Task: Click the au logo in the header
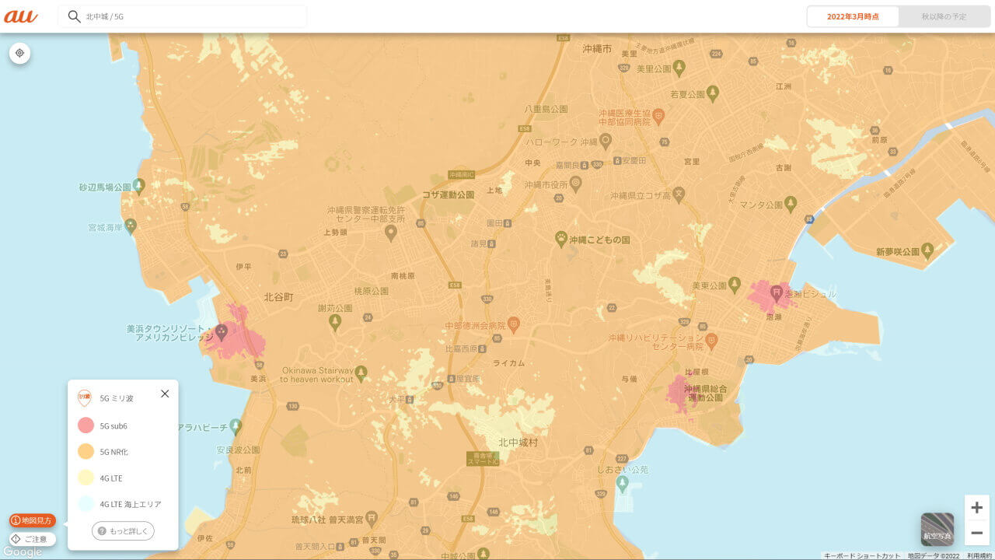21,16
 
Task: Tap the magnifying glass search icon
75,16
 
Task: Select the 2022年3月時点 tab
853,16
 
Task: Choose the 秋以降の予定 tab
944,16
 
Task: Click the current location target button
20,54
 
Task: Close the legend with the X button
165,394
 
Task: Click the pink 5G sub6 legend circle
86,425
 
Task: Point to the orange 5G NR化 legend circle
86,451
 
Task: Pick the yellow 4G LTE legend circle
86,478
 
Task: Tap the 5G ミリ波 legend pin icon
85,398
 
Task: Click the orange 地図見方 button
33,520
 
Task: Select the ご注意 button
32,539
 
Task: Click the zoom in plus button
977,508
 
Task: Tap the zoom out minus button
977,533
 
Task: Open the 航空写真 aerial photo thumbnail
937,529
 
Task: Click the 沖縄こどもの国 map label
599,240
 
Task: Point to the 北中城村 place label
518,442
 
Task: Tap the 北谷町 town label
278,297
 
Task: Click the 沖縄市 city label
598,49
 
